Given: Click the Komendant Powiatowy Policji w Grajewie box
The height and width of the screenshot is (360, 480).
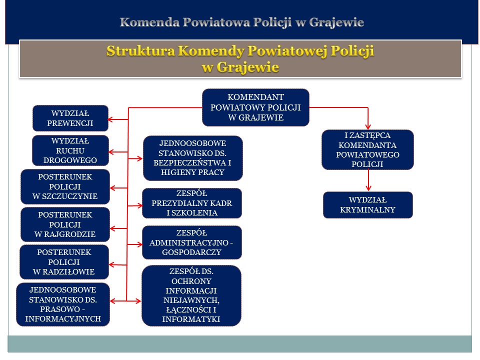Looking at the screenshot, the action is click(255, 107).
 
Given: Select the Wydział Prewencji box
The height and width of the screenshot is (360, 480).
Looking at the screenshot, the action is click(70, 118).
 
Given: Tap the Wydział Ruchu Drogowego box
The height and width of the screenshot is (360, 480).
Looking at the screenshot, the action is click(70, 150).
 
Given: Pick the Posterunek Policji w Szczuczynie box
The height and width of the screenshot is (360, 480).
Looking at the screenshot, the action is click(65, 186).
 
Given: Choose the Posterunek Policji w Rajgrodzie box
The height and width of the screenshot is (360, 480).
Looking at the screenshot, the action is click(65, 224).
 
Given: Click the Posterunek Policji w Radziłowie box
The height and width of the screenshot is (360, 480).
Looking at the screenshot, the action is click(64, 262).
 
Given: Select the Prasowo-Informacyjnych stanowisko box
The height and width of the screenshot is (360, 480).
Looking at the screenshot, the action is click(63, 304).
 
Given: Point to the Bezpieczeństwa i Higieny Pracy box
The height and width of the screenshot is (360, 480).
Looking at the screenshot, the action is click(193, 158).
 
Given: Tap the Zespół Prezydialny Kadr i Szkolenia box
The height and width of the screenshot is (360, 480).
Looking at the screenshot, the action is click(192, 203).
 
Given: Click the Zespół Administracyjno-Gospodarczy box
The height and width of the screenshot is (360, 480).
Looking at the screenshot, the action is click(192, 242).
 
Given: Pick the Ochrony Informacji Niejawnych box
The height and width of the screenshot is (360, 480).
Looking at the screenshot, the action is click(191, 295).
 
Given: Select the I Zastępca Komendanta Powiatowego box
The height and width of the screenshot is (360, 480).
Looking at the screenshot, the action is click(367, 149).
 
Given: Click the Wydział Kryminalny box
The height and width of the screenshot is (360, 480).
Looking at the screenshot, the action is click(368, 205).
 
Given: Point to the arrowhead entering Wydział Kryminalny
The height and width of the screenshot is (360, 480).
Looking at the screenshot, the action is click(368, 188).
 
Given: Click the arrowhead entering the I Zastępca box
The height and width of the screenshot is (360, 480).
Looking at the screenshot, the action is click(368, 126).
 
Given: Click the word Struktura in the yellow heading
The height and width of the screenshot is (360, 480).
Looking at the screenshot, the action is click(140, 51).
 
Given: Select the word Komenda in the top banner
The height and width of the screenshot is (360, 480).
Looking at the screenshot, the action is click(149, 22).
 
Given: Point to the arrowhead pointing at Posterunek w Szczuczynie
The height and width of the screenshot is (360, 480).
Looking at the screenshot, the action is click(113, 188).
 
